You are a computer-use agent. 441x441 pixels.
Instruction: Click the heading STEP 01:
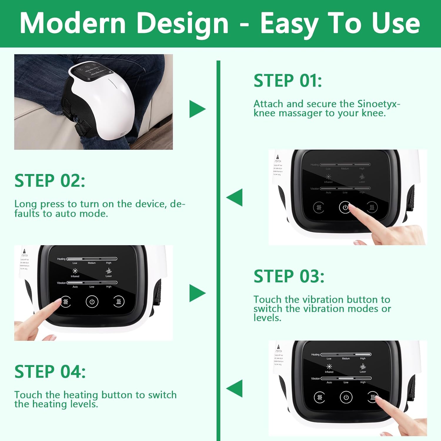click(x=288, y=81)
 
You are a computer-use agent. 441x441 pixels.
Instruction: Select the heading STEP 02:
click(x=50, y=181)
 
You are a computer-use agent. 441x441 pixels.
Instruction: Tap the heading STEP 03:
click(x=289, y=276)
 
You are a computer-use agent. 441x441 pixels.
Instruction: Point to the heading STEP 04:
click(x=50, y=372)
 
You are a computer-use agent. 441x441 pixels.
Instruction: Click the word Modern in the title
click(x=73, y=24)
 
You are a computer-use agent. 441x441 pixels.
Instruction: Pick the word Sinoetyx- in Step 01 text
click(x=379, y=104)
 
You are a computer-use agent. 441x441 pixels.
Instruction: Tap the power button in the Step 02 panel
click(x=345, y=207)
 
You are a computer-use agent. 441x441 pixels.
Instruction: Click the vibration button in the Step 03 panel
click(x=66, y=302)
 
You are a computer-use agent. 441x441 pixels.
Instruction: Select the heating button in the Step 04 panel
click(x=372, y=397)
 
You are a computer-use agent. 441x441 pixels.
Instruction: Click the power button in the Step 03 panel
click(x=92, y=302)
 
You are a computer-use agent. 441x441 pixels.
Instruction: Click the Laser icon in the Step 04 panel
click(x=363, y=367)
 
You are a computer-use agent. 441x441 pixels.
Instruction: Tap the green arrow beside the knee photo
click(x=197, y=109)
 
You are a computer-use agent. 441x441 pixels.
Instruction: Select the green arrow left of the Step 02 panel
click(x=235, y=197)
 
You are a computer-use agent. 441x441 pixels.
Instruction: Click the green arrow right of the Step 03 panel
click(x=197, y=293)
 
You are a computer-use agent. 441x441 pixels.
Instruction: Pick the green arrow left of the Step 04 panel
click(x=235, y=388)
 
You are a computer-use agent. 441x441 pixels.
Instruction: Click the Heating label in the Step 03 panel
click(x=61, y=259)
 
